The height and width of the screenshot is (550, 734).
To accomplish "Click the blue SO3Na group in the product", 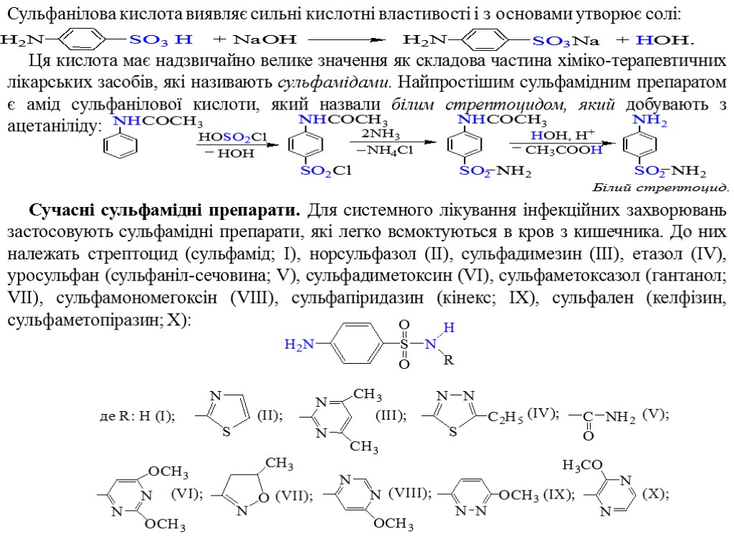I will click(568, 39).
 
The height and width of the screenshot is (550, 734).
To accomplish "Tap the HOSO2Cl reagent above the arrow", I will click(233, 136).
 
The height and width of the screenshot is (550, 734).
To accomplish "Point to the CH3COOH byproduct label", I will click(564, 150).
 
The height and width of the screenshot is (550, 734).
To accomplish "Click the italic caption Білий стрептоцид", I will click(660, 188).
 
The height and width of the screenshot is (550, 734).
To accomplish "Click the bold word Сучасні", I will click(62, 212).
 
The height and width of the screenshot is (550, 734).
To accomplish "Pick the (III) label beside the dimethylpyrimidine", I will click(391, 415).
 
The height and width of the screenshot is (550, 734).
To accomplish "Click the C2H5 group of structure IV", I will click(506, 418).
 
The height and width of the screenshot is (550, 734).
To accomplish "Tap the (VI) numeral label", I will click(186, 493).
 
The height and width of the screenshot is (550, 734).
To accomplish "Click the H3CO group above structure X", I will click(582, 465).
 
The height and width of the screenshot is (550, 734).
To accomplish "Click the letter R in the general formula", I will click(449, 360).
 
